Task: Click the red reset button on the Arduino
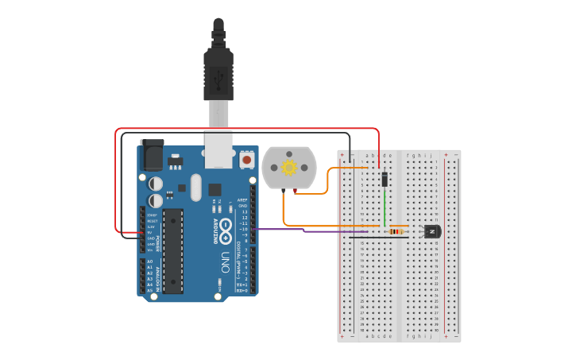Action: (246, 160)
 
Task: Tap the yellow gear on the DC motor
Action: (289, 168)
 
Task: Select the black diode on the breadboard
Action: (385, 179)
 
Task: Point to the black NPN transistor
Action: (431, 231)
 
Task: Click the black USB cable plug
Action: (218, 72)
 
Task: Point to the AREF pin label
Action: (242, 199)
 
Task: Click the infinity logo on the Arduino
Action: (225, 226)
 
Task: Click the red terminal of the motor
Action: (296, 191)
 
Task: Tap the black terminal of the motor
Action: (283, 191)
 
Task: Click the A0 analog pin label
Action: (149, 261)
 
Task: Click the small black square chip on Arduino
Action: (215, 189)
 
